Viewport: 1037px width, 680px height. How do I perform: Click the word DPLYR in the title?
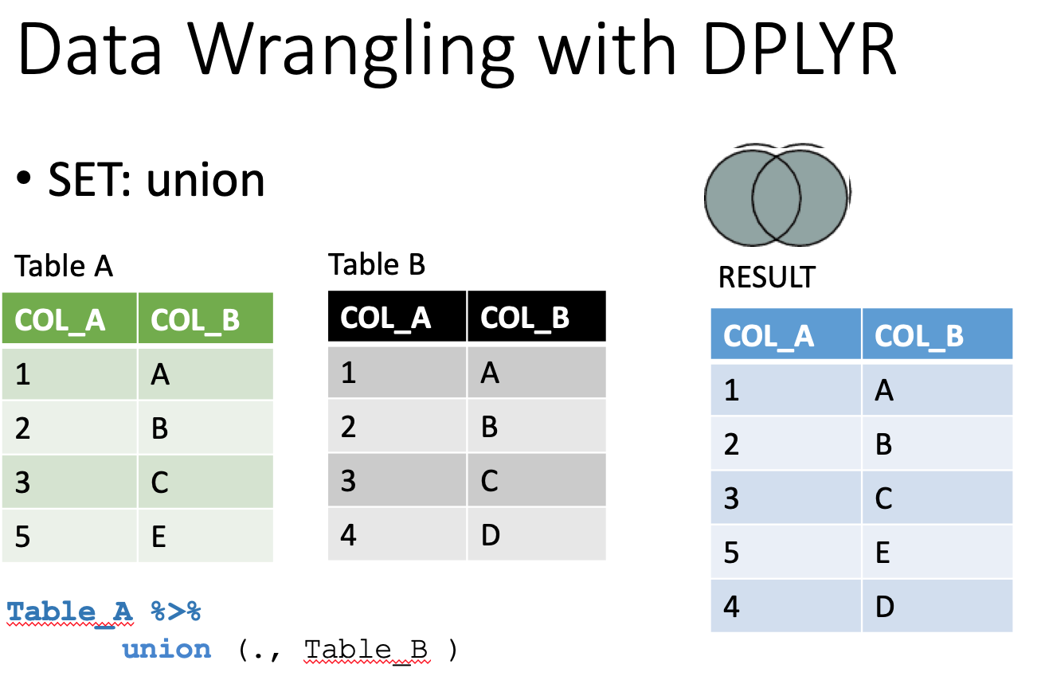point(800,48)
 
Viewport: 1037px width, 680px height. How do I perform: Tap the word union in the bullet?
point(205,180)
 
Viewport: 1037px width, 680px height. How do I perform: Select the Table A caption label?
point(64,266)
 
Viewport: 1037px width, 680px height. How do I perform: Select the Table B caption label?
point(377,264)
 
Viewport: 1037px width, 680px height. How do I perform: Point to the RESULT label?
point(767,277)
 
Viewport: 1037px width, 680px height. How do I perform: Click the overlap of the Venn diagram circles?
point(777,197)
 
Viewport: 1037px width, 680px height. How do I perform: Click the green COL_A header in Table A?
point(69,318)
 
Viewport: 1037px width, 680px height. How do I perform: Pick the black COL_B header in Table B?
point(537,316)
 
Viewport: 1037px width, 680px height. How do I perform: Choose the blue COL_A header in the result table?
point(785,334)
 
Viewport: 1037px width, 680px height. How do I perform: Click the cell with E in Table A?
point(205,536)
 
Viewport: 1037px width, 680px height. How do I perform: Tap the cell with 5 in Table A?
point(69,536)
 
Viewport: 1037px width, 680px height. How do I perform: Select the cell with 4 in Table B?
point(397,534)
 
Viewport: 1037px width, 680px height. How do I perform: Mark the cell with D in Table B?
point(537,534)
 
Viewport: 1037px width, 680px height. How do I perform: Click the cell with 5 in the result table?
point(785,552)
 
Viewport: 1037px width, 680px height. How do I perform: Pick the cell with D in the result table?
point(937,606)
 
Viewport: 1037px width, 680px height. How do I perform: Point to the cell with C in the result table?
point(937,498)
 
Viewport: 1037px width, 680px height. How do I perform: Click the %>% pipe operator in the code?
point(176,611)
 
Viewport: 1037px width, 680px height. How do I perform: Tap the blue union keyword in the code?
point(166,650)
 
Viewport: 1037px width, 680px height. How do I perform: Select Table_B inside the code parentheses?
point(366,650)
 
